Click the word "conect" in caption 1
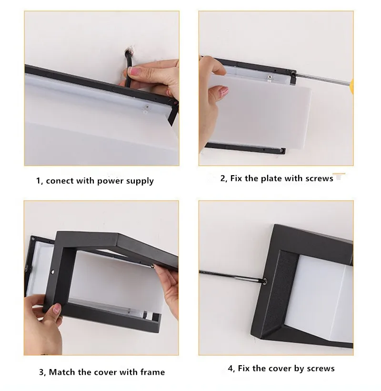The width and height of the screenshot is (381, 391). (60, 181)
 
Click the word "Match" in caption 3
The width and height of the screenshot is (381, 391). (62, 372)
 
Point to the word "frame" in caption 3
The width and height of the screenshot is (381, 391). (152, 372)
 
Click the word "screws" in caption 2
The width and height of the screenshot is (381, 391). (320, 179)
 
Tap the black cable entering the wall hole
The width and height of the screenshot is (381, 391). (129, 67)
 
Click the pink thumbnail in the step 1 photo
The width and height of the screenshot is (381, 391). (134, 72)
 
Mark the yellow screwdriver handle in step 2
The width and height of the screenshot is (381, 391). (352, 86)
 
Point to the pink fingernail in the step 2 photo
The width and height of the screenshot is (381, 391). (224, 91)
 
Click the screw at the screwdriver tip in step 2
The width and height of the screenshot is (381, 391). (292, 73)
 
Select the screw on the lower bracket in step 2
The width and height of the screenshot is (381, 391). (282, 150)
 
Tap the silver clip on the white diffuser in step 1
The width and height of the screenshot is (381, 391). (147, 109)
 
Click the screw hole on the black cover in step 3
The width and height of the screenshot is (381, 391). (53, 271)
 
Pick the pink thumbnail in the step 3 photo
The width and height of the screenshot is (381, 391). (57, 309)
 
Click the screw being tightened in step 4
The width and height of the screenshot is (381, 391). (264, 281)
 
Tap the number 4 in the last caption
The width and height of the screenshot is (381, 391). (231, 368)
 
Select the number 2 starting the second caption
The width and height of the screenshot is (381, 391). (223, 179)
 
